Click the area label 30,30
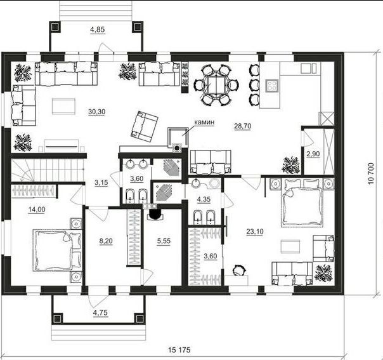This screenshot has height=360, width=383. (x=97, y=112)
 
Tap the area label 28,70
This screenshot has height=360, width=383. (x=243, y=126)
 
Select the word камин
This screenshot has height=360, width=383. (x=204, y=122)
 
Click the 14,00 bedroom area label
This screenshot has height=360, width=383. (x=37, y=210)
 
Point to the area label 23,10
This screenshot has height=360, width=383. (x=255, y=231)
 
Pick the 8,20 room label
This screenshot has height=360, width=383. (x=106, y=241)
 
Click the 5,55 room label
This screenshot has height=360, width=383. (x=164, y=241)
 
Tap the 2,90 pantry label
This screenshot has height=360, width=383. (x=313, y=154)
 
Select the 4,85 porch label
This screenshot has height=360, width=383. (x=97, y=30)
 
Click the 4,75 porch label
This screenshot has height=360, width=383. (x=100, y=312)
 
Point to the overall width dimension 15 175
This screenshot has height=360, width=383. (x=179, y=350)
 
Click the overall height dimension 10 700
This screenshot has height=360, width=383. (x=371, y=173)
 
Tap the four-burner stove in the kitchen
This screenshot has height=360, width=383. (x=272, y=86)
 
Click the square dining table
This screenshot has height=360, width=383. (x=216, y=84)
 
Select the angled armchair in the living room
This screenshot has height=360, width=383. (x=145, y=126)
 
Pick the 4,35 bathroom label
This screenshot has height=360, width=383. (x=204, y=199)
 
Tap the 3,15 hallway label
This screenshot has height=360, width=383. (x=101, y=182)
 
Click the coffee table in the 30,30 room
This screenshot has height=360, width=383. (x=63, y=106)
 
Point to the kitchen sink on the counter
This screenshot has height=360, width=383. (x=309, y=68)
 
